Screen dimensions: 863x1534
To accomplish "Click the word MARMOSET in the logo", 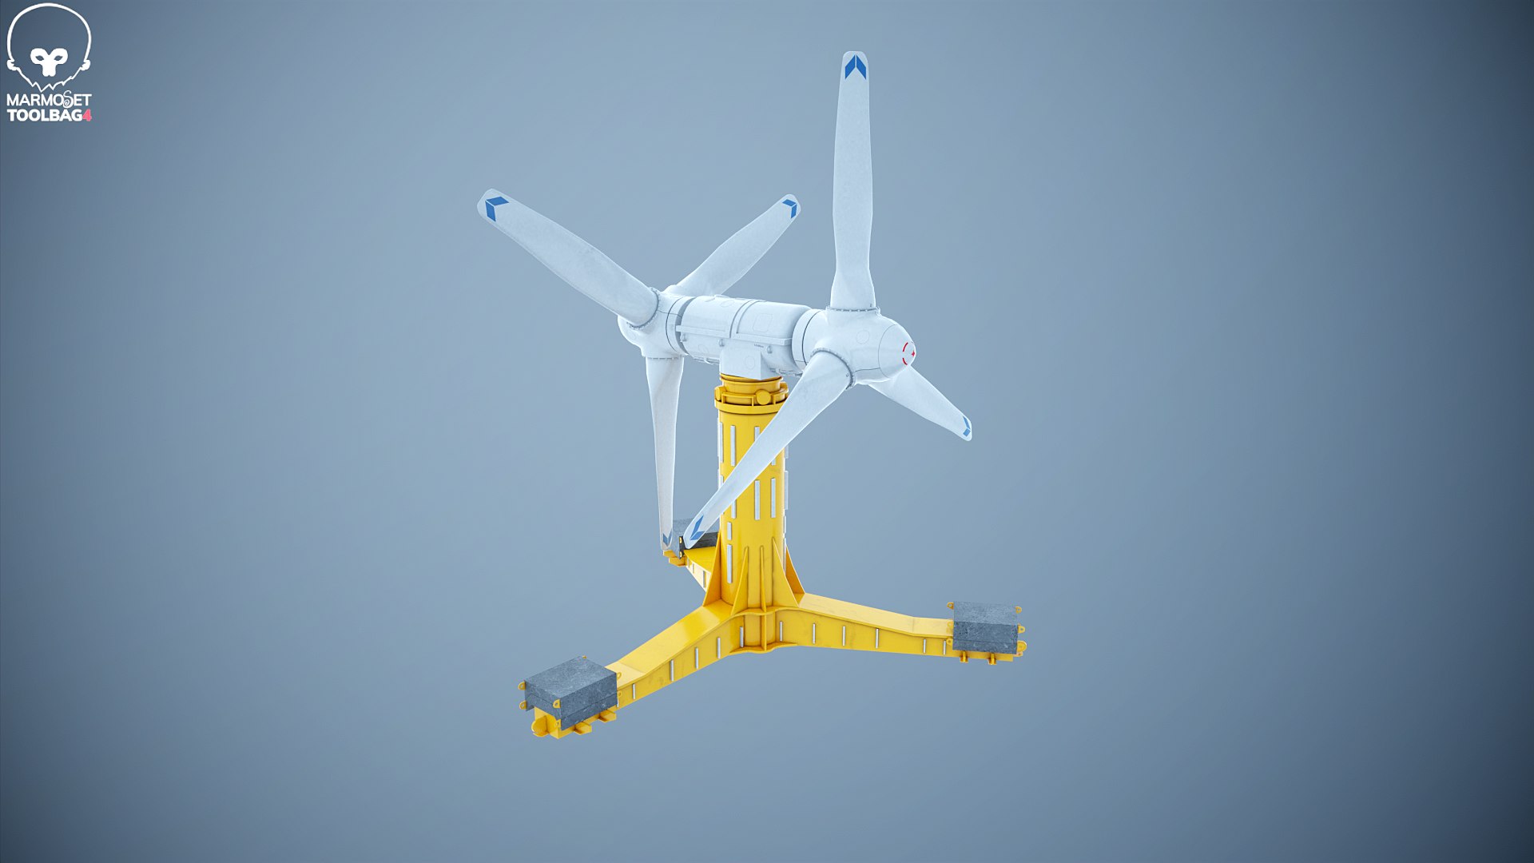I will pos(48,101).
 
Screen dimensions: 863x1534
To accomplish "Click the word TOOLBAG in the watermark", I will pos(44,116).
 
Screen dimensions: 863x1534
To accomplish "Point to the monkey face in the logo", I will pos(49,60).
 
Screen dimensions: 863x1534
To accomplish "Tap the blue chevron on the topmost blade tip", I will pos(855,67).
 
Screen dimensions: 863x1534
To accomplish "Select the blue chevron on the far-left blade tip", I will pos(495,207).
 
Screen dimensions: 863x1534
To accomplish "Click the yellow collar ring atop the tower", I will pos(751,392).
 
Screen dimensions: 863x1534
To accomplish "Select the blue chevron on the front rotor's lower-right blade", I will pos(966,428).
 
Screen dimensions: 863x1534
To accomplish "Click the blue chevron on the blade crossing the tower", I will pos(696,527).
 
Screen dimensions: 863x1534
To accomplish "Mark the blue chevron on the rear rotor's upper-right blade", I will pos(790,208).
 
